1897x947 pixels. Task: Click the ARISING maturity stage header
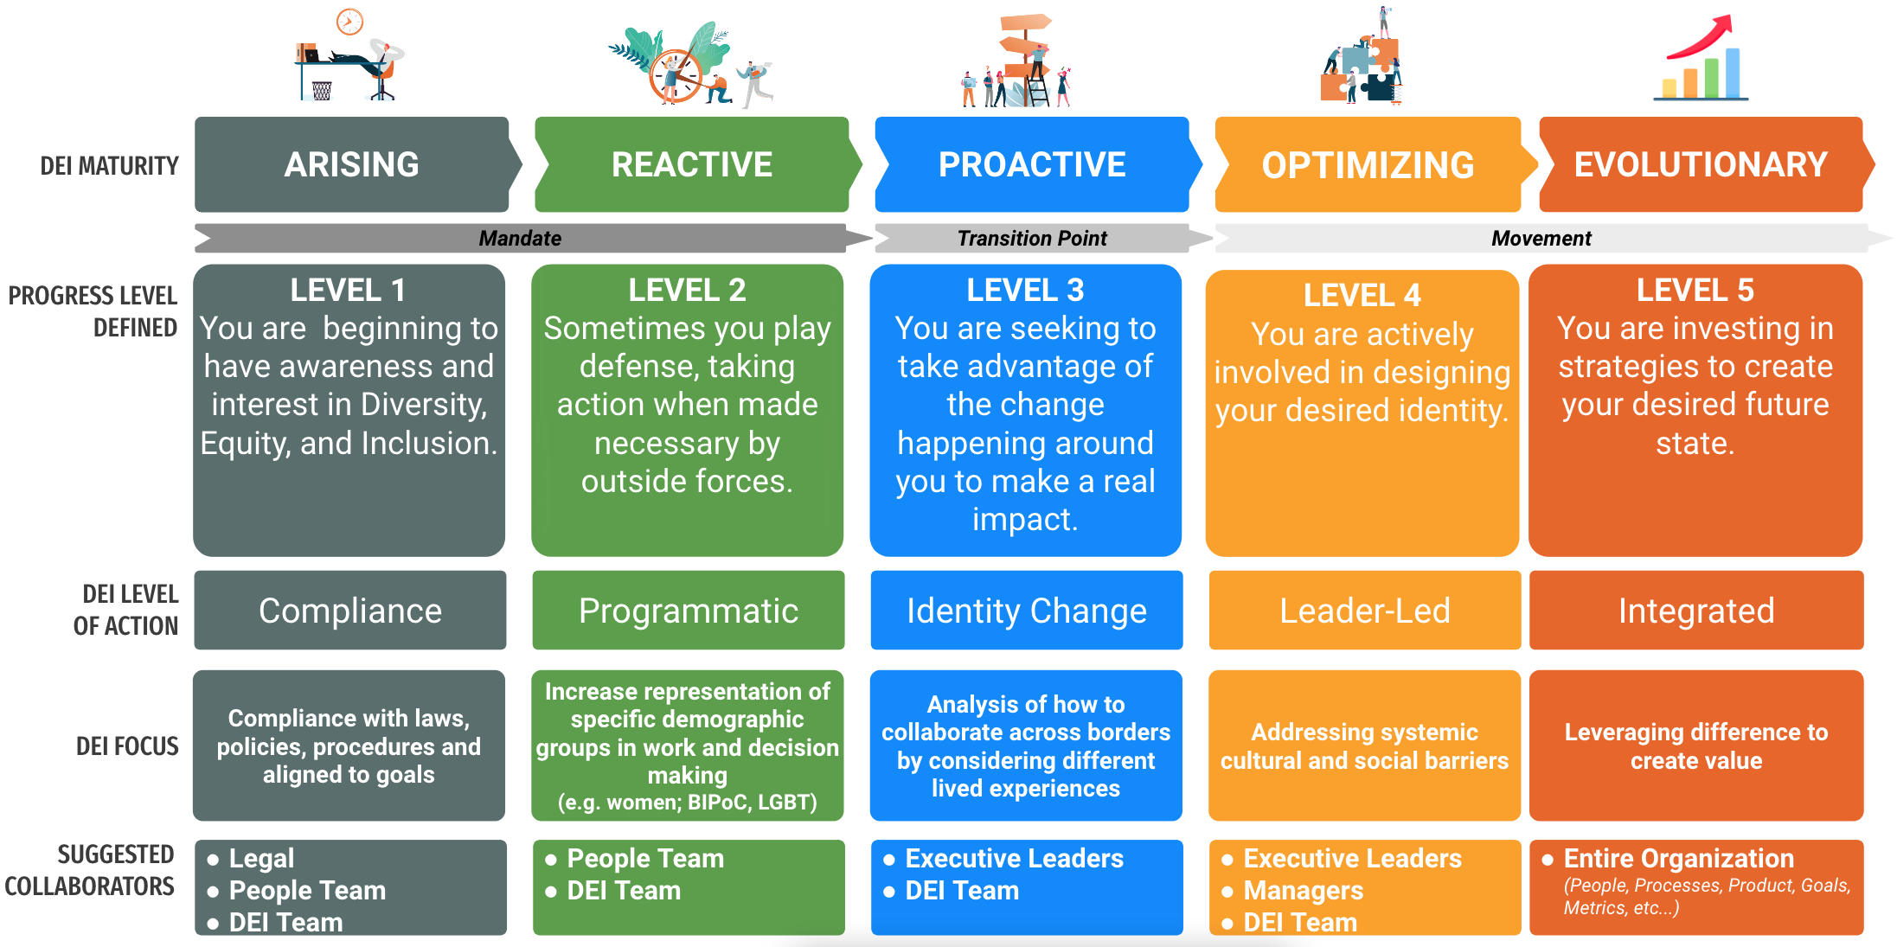[x=351, y=164]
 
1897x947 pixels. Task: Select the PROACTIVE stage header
[x=1032, y=164]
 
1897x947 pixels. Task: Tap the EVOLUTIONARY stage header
[x=1701, y=164]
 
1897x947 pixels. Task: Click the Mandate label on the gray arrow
[x=520, y=238]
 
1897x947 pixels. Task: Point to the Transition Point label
[x=1031, y=238]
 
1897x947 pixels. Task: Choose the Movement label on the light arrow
[x=1541, y=238]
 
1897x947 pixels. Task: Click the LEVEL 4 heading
[x=1362, y=295]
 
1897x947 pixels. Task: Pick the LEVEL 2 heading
[x=687, y=290]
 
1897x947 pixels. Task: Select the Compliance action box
[x=350, y=611]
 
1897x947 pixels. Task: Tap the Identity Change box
[x=1027, y=611]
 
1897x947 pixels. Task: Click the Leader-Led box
[x=1364, y=611]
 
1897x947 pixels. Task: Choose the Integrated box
[x=1696, y=611]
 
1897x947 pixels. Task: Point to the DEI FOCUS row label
[x=127, y=745]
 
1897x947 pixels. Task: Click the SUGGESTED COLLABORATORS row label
[x=90, y=870]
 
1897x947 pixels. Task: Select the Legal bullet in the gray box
[x=261, y=858]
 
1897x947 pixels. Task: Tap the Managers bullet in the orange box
[x=1303, y=890]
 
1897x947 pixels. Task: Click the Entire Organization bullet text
[x=1678, y=858]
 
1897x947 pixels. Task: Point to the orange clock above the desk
[x=349, y=21]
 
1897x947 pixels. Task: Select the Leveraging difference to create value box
[x=1696, y=745]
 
